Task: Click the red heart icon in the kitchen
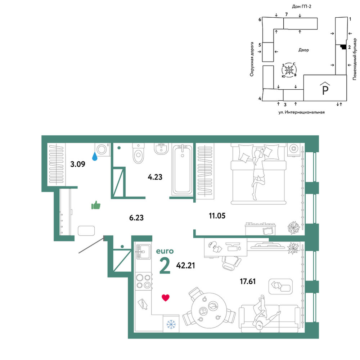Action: coord(166,298)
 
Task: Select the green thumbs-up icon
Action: coord(96,205)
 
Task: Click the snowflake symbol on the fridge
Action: coord(171,324)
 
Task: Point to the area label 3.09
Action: coord(78,164)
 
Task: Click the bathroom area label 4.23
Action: coord(155,177)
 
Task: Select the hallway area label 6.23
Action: coord(136,217)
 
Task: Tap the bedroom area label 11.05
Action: coord(217,216)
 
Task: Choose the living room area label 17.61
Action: coord(248,281)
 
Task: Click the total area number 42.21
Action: coord(185,265)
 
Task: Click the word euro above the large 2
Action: coord(165,251)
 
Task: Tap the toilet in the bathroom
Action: coord(139,153)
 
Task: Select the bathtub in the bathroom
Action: coord(182,170)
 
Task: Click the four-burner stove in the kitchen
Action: coord(144,281)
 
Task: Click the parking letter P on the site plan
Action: coord(325,89)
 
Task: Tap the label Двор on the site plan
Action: coord(303,50)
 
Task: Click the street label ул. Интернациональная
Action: coord(301,112)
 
